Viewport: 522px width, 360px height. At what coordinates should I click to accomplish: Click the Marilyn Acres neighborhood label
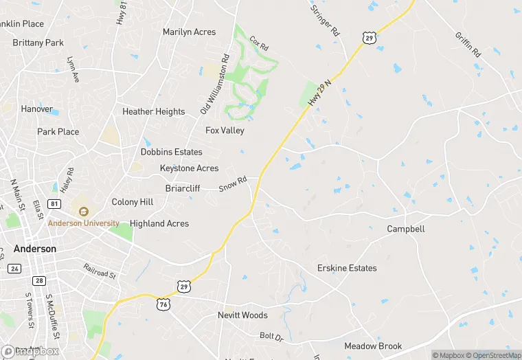coord(189,32)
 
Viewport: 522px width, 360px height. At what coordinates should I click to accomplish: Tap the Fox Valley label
coord(225,131)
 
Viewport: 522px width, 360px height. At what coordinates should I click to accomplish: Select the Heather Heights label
coord(153,112)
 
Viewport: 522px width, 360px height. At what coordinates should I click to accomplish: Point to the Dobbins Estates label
coord(172,152)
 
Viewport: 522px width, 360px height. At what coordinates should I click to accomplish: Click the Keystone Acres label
coord(189,168)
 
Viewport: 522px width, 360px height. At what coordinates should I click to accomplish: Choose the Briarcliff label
coord(183,188)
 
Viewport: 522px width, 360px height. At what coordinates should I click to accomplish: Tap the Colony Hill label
coord(133,202)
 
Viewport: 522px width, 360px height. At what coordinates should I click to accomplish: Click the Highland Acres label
coord(159,223)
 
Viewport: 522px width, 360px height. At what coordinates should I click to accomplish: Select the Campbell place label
coord(405,229)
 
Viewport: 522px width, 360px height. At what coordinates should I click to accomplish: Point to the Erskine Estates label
coord(347,268)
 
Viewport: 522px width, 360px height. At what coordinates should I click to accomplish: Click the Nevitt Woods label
coord(242,315)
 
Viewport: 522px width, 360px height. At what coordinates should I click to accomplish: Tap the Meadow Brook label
coord(373,346)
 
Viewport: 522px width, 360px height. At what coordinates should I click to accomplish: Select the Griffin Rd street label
coord(467,44)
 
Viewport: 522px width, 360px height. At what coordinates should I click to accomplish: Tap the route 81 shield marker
coord(54,204)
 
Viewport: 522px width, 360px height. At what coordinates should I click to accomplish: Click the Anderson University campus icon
coord(84,212)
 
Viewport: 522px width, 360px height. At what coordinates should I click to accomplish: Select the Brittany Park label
coord(38,43)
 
